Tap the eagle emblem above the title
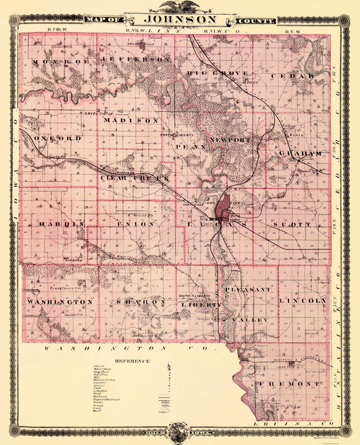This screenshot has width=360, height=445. tap(180, 6)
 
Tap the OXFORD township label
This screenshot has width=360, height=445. tap(57, 138)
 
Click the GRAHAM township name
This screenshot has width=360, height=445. tap(301, 153)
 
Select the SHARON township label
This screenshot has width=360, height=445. tap(140, 301)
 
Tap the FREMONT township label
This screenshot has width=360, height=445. tap(278, 384)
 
